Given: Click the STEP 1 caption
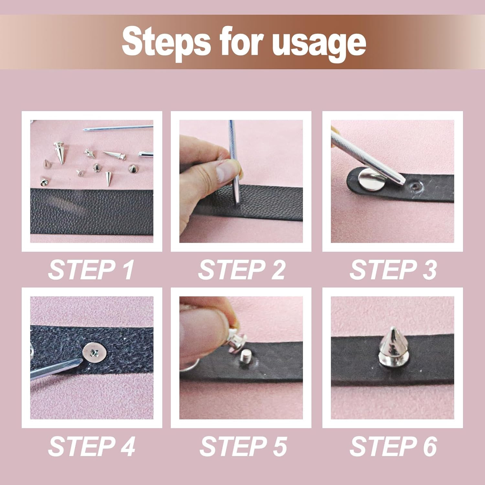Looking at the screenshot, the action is (91, 270).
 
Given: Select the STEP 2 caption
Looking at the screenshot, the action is (242, 270).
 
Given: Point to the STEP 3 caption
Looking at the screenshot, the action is (393, 270).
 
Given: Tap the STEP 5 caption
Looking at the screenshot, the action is (243, 447).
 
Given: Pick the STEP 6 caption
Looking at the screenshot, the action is (393, 447).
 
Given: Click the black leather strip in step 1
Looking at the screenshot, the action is (92, 211).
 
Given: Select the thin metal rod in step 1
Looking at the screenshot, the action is (118, 128).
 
